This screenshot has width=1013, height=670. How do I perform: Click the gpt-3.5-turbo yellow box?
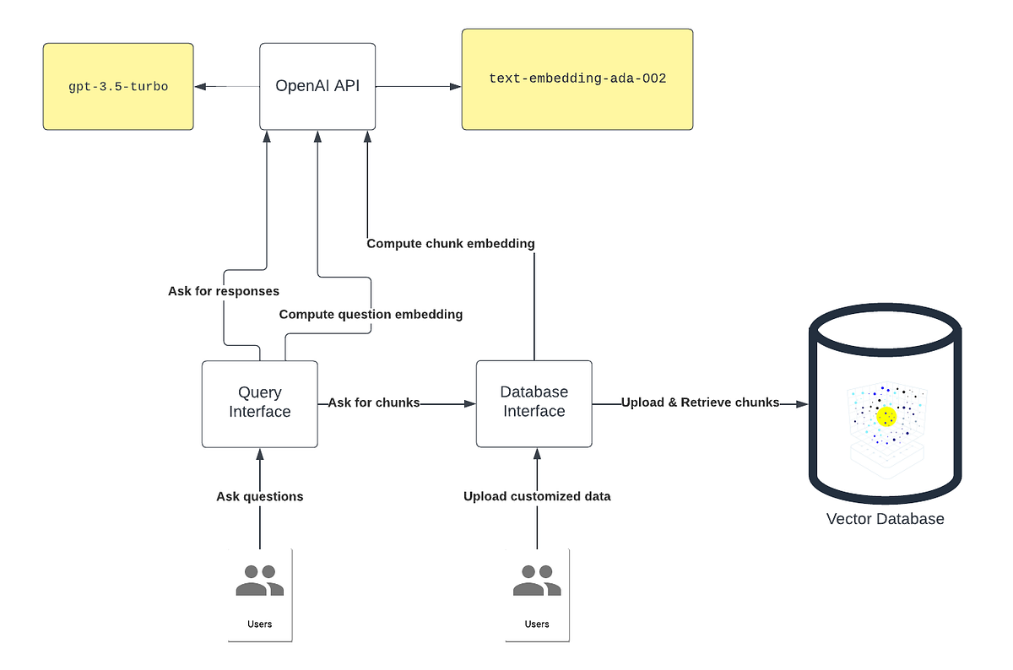118,87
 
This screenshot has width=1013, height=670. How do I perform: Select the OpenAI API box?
317,86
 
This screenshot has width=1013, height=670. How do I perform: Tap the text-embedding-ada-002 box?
577,79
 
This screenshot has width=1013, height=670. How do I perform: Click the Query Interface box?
260,403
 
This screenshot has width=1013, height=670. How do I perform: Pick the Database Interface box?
534,403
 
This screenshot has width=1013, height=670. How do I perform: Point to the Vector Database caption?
885,519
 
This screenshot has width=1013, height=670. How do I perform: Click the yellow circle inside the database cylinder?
886,416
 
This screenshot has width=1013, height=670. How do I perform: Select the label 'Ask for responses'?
224,291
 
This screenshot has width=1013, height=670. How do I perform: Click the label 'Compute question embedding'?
371,314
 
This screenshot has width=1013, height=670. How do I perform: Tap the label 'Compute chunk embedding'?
451,244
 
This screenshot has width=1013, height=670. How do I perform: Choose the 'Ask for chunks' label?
374,403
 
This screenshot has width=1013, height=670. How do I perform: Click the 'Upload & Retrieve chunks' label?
700,403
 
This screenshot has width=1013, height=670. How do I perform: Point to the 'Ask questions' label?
259,496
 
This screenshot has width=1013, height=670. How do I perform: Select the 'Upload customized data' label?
537,496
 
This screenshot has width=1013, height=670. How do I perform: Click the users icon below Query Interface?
259,581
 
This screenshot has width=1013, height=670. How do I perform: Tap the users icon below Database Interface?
537,581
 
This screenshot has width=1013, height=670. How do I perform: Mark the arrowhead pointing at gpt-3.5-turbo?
199,86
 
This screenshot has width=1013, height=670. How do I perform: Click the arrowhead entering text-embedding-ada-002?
456,86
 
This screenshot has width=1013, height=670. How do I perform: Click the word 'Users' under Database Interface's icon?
537,624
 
